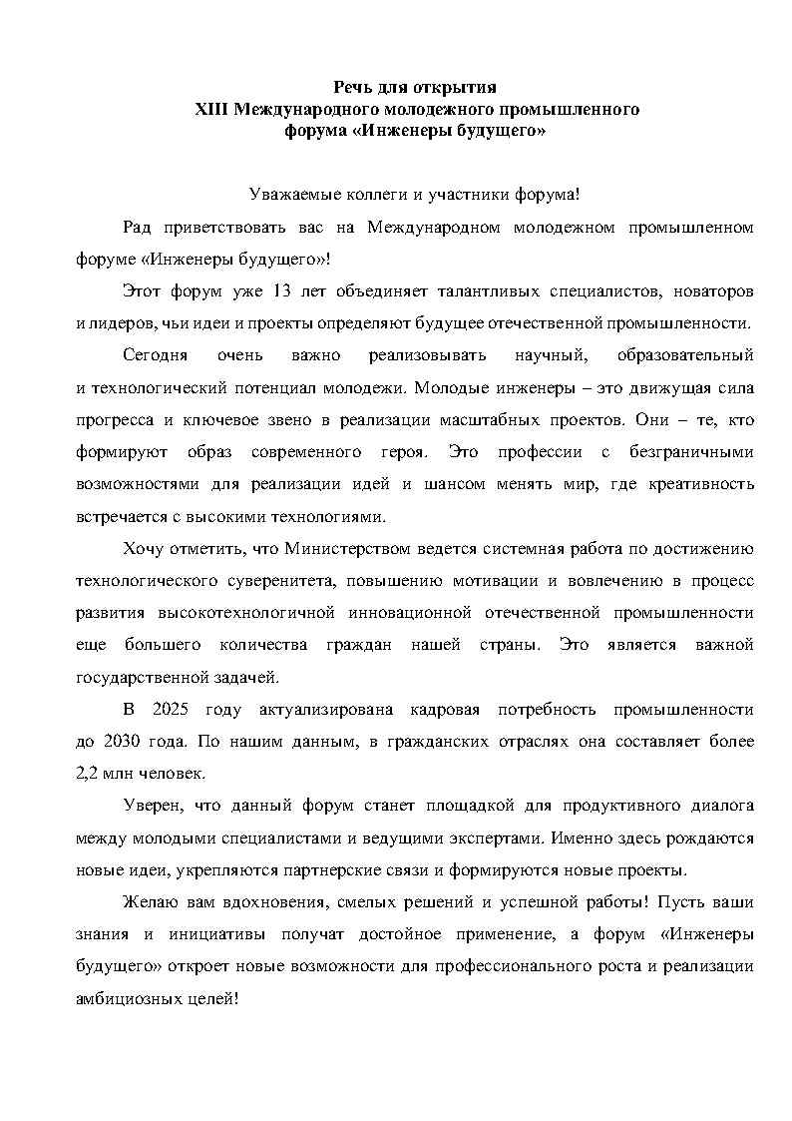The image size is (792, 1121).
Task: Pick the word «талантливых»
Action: (482, 290)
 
